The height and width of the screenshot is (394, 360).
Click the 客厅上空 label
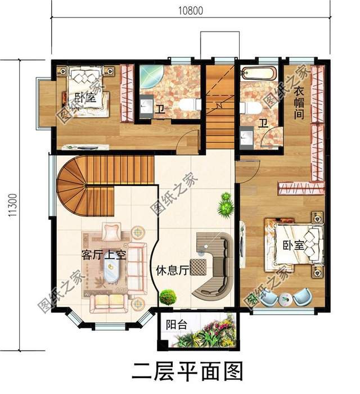tap(102, 254)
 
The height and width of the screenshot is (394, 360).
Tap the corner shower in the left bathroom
tap(148, 76)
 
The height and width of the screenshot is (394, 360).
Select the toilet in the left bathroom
tap(191, 105)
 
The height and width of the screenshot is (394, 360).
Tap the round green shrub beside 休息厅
tap(167, 296)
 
